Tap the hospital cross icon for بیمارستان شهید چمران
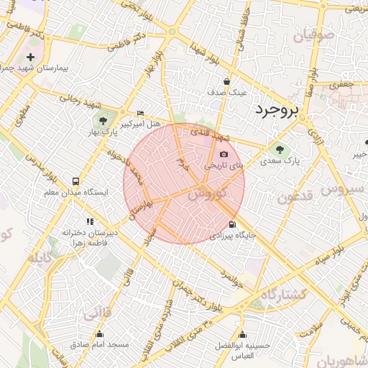tap(30, 57)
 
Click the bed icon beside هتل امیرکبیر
tap(140, 114)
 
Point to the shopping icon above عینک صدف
tap(226, 81)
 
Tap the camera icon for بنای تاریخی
tap(224, 154)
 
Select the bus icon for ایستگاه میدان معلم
tap(75, 181)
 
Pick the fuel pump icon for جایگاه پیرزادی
tap(231, 224)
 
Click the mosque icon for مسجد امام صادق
tap(100, 333)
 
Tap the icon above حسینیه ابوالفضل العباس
tap(242, 334)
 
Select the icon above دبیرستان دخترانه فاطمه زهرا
tap(90, 222)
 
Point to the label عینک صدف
tap(227, 93)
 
